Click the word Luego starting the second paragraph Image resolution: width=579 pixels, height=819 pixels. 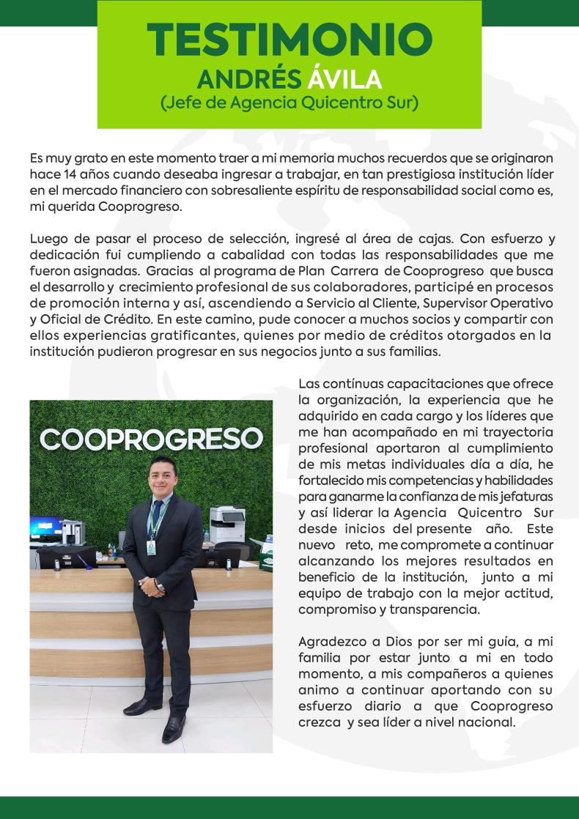point(49,238)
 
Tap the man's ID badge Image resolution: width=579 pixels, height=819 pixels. point(151,546)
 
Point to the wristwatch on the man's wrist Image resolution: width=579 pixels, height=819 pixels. point(161,585)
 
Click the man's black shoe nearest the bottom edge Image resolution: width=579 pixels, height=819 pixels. point(172,730)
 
